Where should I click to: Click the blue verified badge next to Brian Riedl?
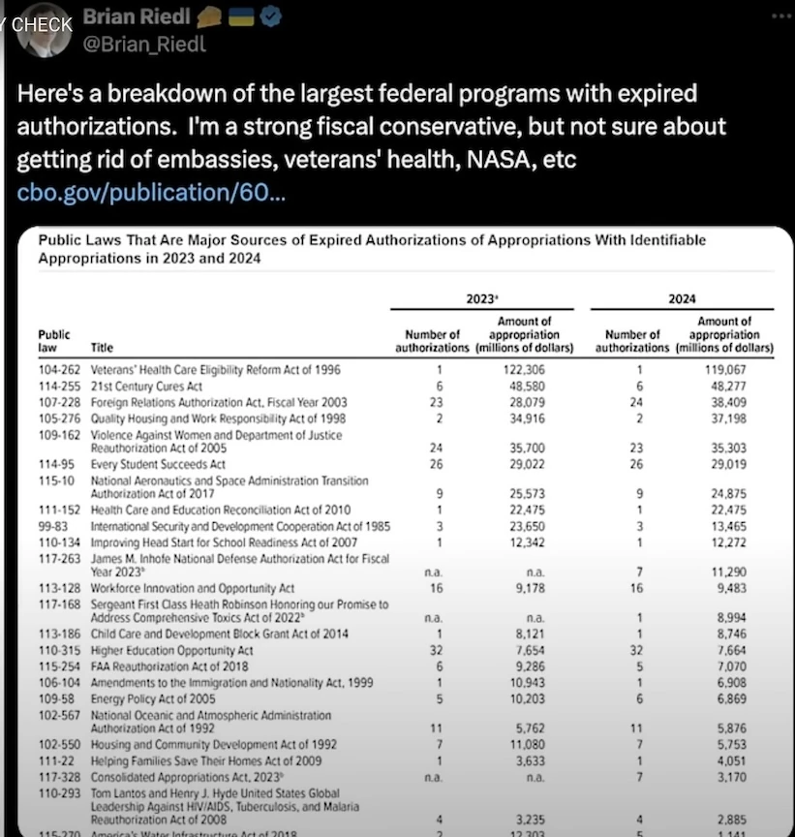[x=272, y=17]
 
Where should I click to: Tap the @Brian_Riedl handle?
[x=145, y=45]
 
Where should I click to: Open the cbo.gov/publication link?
[x=151, y=192]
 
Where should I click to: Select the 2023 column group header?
[x=482, y=299]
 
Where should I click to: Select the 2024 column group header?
[x=682, y=299]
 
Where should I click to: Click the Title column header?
[x=102, y=348]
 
